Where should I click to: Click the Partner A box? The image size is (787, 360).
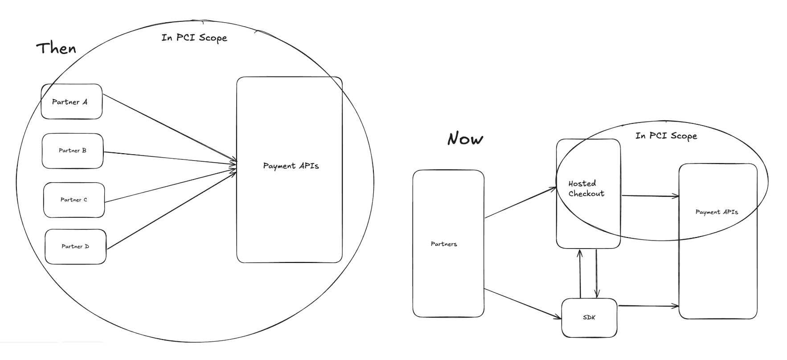(71, 102)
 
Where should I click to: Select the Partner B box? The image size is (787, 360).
(73, 151)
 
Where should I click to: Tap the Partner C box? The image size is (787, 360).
(74, 200)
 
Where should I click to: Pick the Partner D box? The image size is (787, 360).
(75, 246)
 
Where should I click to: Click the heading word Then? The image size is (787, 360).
(56, 48)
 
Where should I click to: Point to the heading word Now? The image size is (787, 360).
(465, 139)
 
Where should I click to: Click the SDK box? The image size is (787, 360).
(589, 317)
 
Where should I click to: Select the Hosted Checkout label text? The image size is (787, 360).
(586, 188)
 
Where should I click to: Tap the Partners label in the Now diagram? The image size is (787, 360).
(444, 244)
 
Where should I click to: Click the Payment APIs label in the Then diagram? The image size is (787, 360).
(291, 166)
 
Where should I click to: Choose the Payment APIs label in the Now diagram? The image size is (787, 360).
(717, 212)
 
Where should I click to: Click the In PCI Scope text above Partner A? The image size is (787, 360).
(194, 37)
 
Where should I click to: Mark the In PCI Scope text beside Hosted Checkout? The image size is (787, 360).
(666, 135)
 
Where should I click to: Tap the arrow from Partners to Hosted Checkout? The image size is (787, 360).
(521, 203)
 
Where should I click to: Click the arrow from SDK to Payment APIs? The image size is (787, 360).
(648, 306)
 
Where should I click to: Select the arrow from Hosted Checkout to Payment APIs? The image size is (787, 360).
(650, 196)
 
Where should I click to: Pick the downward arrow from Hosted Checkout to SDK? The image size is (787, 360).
(597, 273)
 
